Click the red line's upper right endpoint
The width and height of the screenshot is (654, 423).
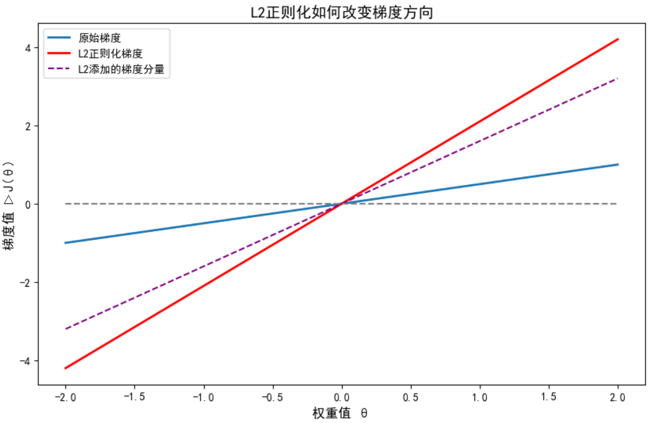pos(618,39)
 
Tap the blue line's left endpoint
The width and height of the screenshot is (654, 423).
pos(65,243)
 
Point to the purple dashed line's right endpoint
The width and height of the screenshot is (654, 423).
pos(618,78)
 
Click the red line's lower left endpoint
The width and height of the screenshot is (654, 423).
pos(65,368)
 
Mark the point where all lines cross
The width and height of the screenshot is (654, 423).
pos(342,204)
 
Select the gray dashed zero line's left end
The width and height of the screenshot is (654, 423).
pos(65,204)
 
